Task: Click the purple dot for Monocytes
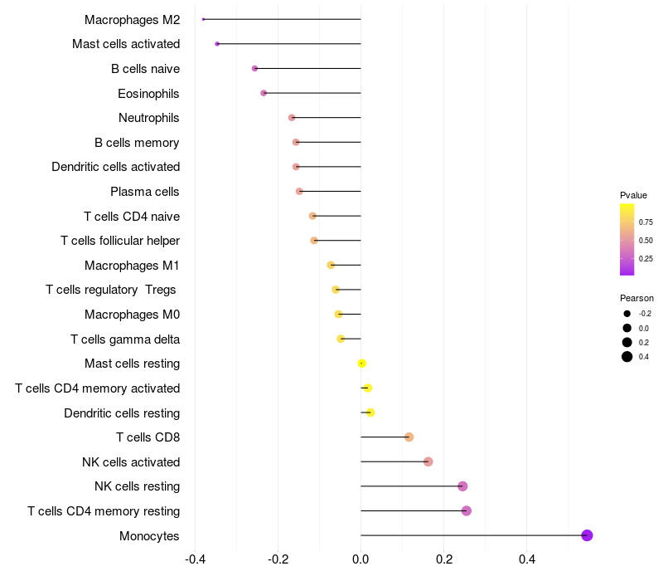pyautogui.click(x=587, y=535)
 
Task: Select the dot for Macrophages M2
pyautogui.click(x=204, y=19)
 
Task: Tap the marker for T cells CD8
pyautogui.click(x=409, y=437)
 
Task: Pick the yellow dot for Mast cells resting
pyautogui.click(x=361, y=364)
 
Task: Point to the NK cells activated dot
pyautogui.click(x=428, y=461)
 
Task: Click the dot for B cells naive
pyautogui.click(x=254, y=68)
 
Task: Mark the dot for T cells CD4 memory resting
pyautogui.click(x=467, y=510)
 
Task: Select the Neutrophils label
pyautogui.click(x=148, y=118)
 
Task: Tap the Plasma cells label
pyautogui.click(x=144, y=192)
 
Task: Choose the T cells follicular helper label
pyautogui.click(x=120, y=241)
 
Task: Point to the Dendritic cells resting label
pyautogui.click(x=122, y=413)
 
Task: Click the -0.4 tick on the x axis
pyautogui.click(x=195, y=560)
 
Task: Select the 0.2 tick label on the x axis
pyautogui.click(x=444, y=560)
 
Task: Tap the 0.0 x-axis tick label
pyautogui.click(x=361, y=560)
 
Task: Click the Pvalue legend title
pyautogui.click(x=633, y=195)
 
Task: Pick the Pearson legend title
pyautogui.click(x=636, y=298)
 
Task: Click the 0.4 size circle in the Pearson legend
pyautogui.click(x=627, y=357)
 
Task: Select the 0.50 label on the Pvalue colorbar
pyautogui.click(x=646, y=241)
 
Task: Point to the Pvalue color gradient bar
pyautogui.click(x=627, y=239)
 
